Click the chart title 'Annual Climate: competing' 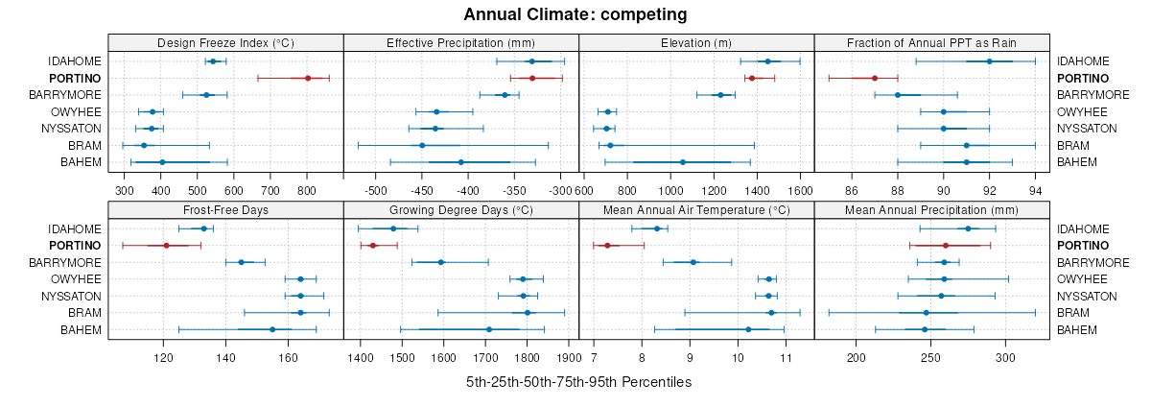(575, 14)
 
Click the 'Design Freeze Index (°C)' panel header (225, 42)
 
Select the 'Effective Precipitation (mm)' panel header (460, 42)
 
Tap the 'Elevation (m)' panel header (696, 42)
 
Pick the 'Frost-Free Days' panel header (225, 210)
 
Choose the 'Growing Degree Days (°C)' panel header (460, 210)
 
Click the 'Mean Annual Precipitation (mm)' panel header (931, 210)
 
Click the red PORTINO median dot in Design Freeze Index (308, 78)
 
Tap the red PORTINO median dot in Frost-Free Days (166, 246)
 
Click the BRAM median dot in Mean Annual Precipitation (926, 313)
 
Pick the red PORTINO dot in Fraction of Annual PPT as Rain (875, 78)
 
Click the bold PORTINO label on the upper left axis (77, 78)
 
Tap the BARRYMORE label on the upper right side (1093, 95)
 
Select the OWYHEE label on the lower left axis (77, 279)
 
